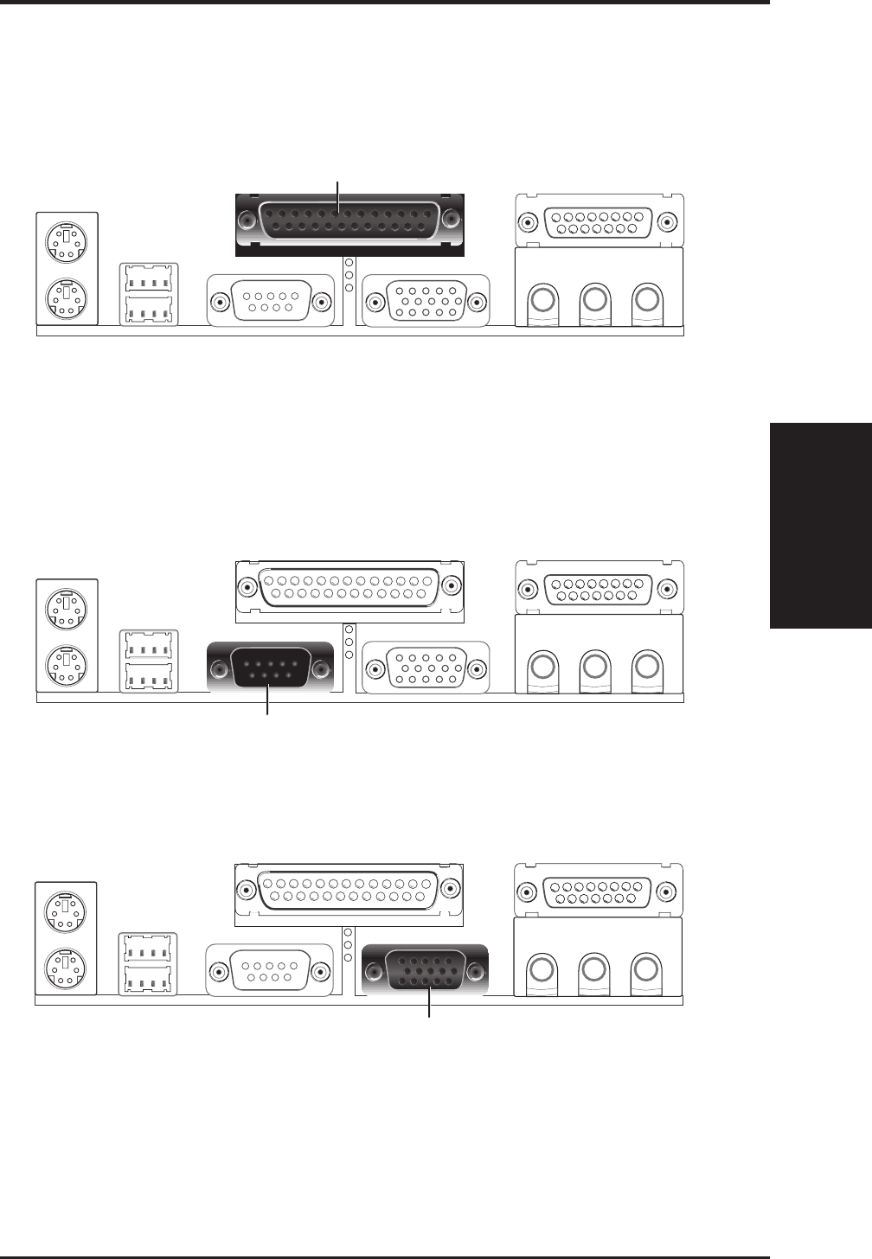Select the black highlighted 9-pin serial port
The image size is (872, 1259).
pyautogui.click(x=271, y=668)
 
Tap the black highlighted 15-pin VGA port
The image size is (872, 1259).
pyautogui.click(x=426, y=970)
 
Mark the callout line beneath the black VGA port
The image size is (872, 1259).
pyautogui.click(x=430, y=1004)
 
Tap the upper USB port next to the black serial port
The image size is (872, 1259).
pyautogui.click(x=150, y=644)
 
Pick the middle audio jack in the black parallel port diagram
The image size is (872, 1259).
pyautogui.click(x=594, y=300)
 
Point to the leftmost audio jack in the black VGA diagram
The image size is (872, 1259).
pyautogui.click(x=542, y=968)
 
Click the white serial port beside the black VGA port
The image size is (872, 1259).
pyautogui.click(x=270, y=970)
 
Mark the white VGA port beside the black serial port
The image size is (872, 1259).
pyautogui.click(x=426, y=668)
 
